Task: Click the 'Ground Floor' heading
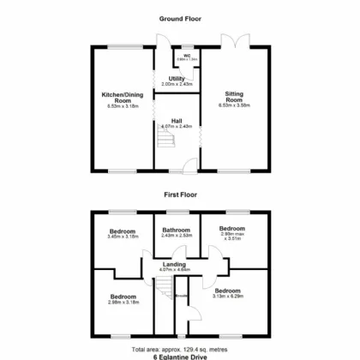click(180, 18)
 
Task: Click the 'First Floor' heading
click(180, 195)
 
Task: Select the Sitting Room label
click(234, 96)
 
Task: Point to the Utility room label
click(177, 79)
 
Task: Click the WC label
click(186, 55)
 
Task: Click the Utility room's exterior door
click(160, 39)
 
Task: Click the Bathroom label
click(177, 229)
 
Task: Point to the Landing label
click(175, 265)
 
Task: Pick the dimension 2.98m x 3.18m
click(123, 302)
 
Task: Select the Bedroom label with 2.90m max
click(233, 230)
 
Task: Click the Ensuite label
click(181, 297)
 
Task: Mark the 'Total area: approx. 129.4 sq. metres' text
click(180, 350)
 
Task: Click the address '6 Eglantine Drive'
click(180, 357)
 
